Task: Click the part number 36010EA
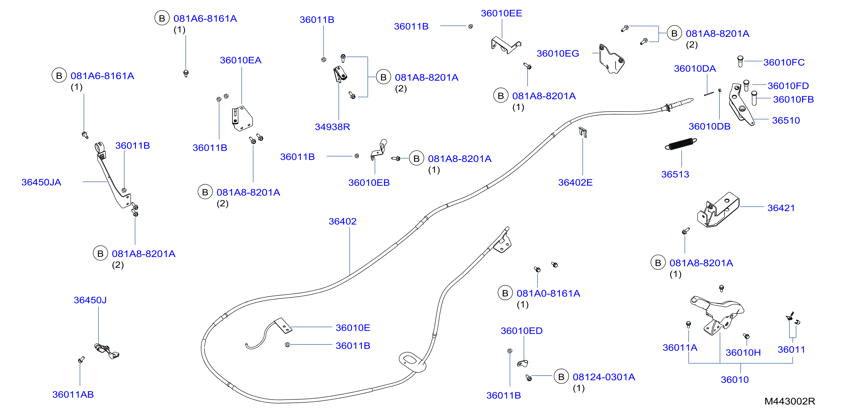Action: click(x=241, y=60)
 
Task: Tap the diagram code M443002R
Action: click(x=789, y=401)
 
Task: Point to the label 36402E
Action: click(x=575, y=183)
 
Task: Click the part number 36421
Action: click(x=781, y=208)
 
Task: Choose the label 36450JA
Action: click(x=41, y=182)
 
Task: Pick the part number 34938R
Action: click(x=333, y=127)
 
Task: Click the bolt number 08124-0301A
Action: click(x=604, y=377)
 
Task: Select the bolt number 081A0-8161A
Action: click(x=548, y=294)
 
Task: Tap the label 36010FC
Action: click(x=784, y=63)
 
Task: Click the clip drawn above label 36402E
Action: click(x=583, y=132)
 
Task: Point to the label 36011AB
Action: click(x=73, y=395)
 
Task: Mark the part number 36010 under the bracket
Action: click(x=735, y=380)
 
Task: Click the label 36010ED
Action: click(x=521, y=331)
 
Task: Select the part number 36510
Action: click(x=786, y=121)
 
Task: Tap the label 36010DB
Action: click(x=709, y=127)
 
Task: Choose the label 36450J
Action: click(x=90, y=300)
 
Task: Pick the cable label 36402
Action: click(x=342, y=221)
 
